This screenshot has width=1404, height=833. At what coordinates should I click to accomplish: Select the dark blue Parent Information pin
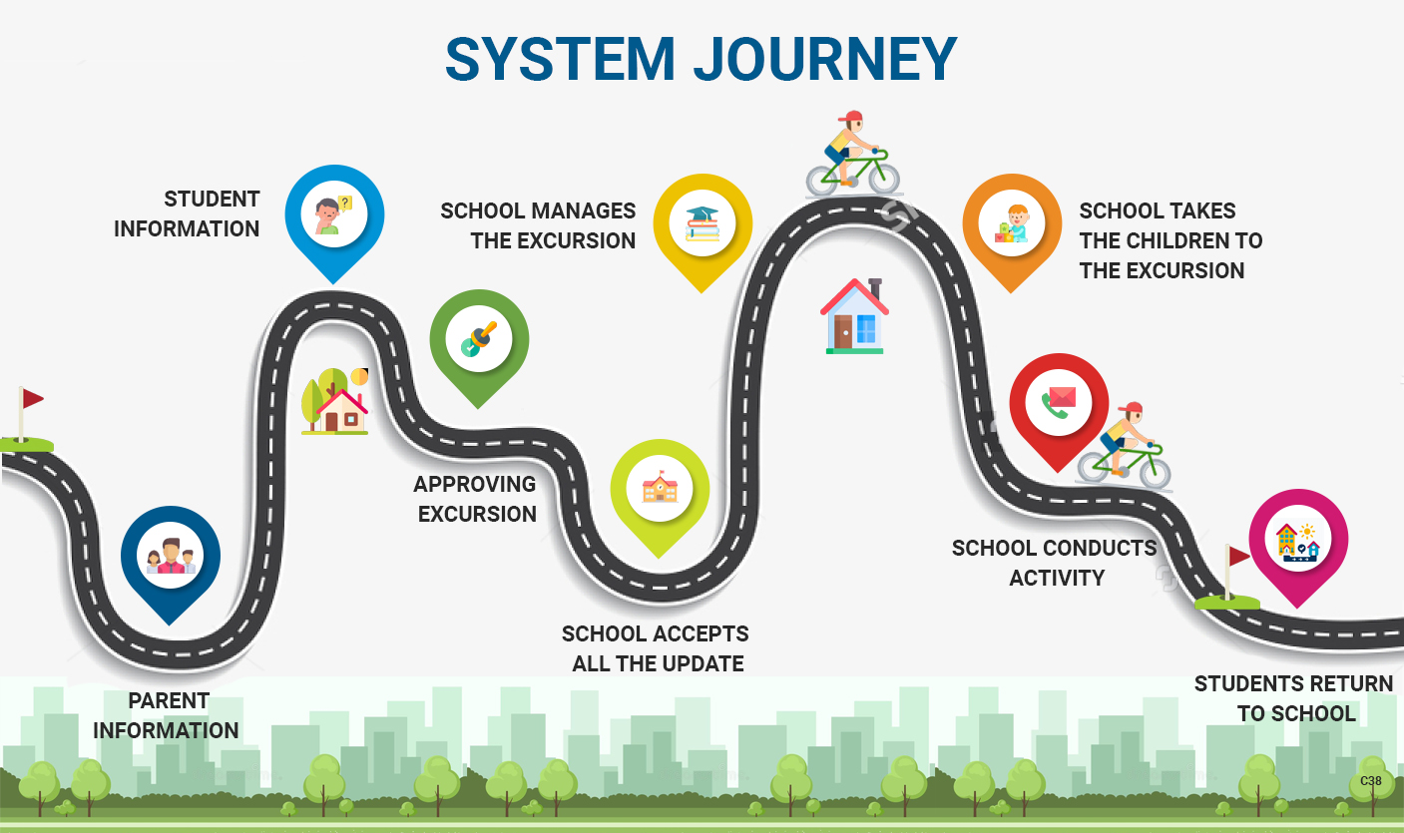(171, 556)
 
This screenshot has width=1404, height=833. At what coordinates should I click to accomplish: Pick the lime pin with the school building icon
(660, 489)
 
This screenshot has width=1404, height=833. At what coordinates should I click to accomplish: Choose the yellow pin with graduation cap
(702, 223)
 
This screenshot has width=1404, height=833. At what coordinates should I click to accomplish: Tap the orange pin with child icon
(1011, 224)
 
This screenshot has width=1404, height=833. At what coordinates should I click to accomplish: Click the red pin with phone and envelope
(1059, 403)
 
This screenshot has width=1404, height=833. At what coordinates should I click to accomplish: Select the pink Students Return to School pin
(1298, 540)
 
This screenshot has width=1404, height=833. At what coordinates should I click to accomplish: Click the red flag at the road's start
(31, 399)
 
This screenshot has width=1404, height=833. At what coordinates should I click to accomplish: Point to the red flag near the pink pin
(1238, 557)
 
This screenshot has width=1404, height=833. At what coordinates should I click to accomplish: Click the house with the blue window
(854, 316)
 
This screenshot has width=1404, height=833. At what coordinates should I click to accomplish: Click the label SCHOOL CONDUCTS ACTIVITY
(1055, 563)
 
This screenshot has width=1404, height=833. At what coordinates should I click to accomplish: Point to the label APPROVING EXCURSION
(476, 499)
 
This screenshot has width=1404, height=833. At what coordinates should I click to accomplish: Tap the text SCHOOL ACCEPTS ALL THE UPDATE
(656, 648)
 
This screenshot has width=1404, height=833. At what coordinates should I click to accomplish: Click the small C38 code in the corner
(1371, 781)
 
